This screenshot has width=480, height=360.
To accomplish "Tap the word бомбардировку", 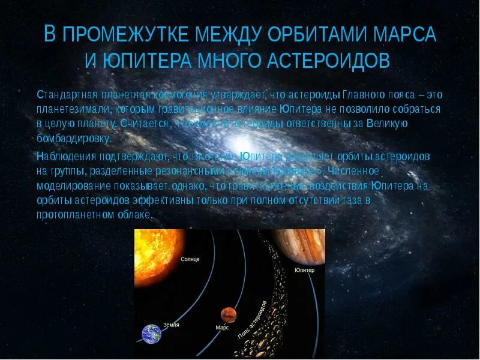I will (x=73, y=138).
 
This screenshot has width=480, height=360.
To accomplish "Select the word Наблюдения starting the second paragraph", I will (x=62, y=156).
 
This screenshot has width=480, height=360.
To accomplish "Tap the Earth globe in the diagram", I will (x=151, y=333).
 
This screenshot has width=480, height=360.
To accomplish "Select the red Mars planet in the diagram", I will (x=227, y=313).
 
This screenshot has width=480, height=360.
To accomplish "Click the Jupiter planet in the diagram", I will (x=300, y=246).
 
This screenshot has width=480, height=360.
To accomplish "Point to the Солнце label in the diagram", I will (x=190, y=259).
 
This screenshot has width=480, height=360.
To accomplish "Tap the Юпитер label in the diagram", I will (x=304, y=271).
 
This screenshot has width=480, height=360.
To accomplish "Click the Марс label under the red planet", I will (x=222, y=328).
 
